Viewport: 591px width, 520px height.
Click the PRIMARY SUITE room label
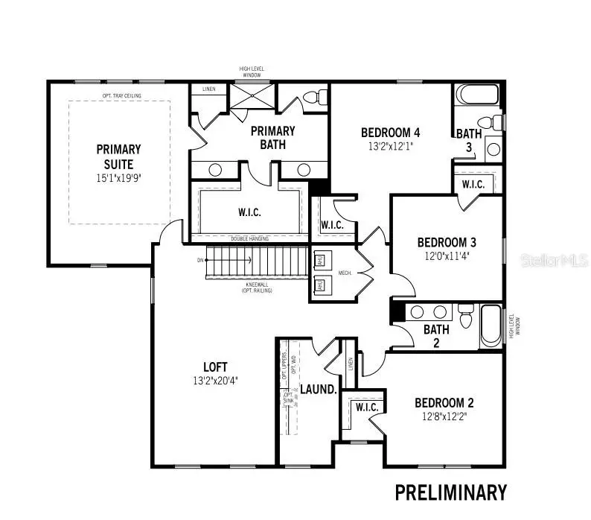118,156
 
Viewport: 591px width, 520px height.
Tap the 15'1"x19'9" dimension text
118,179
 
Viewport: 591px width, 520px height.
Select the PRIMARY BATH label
272,137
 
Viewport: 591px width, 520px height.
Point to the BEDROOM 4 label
391,133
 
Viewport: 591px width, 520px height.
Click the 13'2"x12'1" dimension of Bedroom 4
391,147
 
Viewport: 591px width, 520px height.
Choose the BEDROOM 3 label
447,242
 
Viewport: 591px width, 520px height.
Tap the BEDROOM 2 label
444,403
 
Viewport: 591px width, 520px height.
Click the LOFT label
216,367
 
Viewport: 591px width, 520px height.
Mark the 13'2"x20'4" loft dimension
216,380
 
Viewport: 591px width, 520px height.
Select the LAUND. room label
319,390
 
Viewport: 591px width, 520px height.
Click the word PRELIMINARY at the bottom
450,492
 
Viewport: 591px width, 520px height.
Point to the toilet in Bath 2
466,316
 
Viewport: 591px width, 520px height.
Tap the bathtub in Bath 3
476,95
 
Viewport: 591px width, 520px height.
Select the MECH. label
345,273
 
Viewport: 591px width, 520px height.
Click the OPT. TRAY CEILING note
121,95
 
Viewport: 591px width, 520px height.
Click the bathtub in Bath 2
491,326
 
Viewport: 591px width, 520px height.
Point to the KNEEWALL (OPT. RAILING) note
257,288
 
